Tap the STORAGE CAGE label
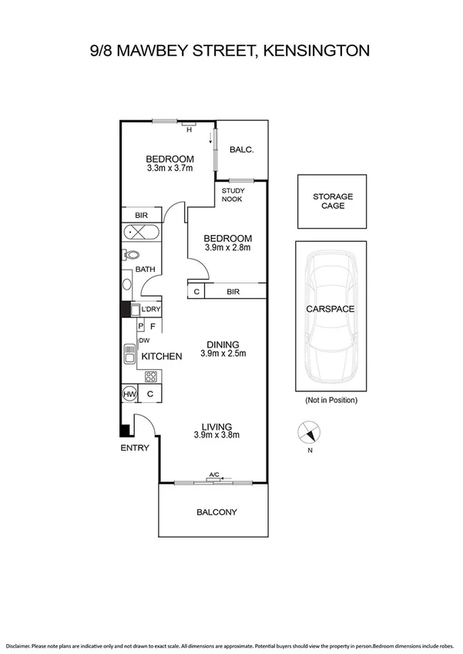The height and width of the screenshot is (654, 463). click(333, 202)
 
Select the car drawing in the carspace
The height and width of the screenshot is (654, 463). click(332, 317)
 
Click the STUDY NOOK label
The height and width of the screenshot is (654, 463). click(232, 195)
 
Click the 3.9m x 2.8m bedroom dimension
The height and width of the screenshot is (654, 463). click(228, 248)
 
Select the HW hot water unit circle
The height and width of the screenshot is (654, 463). click(129, 394)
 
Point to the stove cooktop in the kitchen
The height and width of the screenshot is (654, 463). click(152, 377)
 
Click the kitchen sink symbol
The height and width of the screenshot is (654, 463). click(129, 354)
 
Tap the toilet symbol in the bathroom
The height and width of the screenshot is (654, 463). click(131, 255)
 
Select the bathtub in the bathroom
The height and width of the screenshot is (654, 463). click(141, 232)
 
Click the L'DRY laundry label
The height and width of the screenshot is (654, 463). click(151, 310)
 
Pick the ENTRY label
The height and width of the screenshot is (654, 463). click(133, 448)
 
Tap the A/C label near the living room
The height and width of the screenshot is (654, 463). click(213, 475)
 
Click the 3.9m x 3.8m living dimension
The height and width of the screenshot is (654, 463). click(216, 435)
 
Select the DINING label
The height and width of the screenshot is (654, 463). click(223, 344)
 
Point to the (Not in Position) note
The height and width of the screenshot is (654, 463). click(332, 401)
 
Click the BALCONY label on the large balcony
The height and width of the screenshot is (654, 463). click(216, 512)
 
